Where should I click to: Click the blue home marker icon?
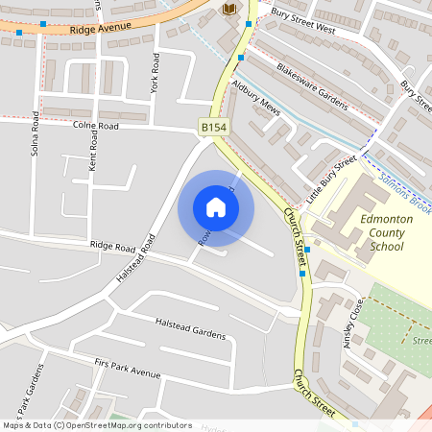(216, 207)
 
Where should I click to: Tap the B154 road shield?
(213, 127)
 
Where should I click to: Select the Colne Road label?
(93, 125)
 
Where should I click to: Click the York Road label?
(154, 74)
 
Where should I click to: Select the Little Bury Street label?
(331, 170)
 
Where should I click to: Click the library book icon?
(228, 10)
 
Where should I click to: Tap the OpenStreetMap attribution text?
(96, 424)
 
